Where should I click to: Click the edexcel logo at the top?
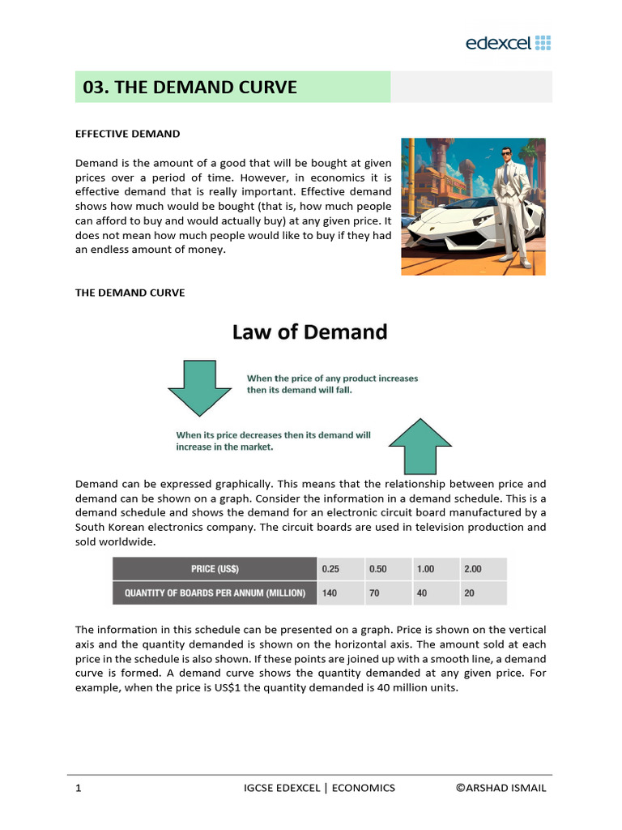click(x=508, y=43)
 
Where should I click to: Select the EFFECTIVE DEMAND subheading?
click(x=127, y=134)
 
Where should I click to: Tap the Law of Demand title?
click(x=310, y=332)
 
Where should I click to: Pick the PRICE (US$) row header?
click(x=215, y=569)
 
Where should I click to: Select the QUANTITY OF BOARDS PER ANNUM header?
click(x=215, y=593)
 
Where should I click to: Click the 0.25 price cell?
click(x=330, y=569)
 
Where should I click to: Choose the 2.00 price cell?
click(x=472, y=569)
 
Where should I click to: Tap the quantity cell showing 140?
click(x=330, y=593)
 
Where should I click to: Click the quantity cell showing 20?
click(x=471, y=593)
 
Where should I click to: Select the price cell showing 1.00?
click(x=425, y=569)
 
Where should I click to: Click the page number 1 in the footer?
click(x=78, y=788)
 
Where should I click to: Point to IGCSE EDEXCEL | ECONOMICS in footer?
click(x=319, y=788)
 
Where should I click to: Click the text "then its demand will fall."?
click(x=300, y=390)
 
